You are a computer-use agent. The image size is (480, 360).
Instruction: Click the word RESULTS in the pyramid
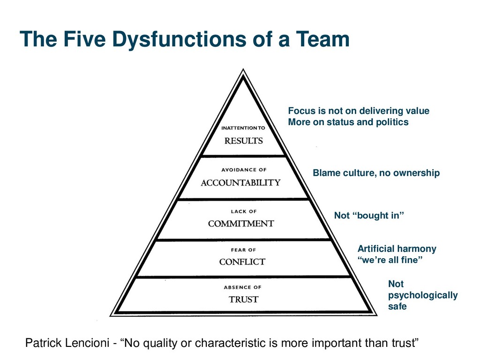[x=243, y=141]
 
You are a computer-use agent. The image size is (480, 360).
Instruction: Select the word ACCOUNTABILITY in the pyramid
[x=240, y=182]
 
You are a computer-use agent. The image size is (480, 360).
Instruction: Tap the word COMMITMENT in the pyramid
[x=241, y=224]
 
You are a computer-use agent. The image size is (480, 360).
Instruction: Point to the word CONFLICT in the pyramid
[x=242, y=262]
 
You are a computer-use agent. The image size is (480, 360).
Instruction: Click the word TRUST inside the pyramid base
[x=243, y=299]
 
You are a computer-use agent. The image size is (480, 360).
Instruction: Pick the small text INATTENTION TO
[x=243, y=127]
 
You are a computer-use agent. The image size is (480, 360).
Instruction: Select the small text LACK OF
[x=243, y=212]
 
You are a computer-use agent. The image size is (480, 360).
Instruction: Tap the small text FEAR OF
[x=243, y=250]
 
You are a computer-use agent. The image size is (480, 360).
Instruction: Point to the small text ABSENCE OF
[x=242, y=287]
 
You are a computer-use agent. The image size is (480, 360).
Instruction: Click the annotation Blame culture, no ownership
[x=376, y=173]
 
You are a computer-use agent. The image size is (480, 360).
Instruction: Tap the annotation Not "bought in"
[x=368, y=216]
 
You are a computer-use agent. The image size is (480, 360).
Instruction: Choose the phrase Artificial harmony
[x=397, y=249]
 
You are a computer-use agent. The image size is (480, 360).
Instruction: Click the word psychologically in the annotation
[x=422, y=295]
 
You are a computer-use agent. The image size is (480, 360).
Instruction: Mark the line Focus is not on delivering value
[x=358, y=111]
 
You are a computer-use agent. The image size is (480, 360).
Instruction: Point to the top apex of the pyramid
[x=243, y=70]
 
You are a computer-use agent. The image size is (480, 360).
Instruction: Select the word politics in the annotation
[x=391, y=122]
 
